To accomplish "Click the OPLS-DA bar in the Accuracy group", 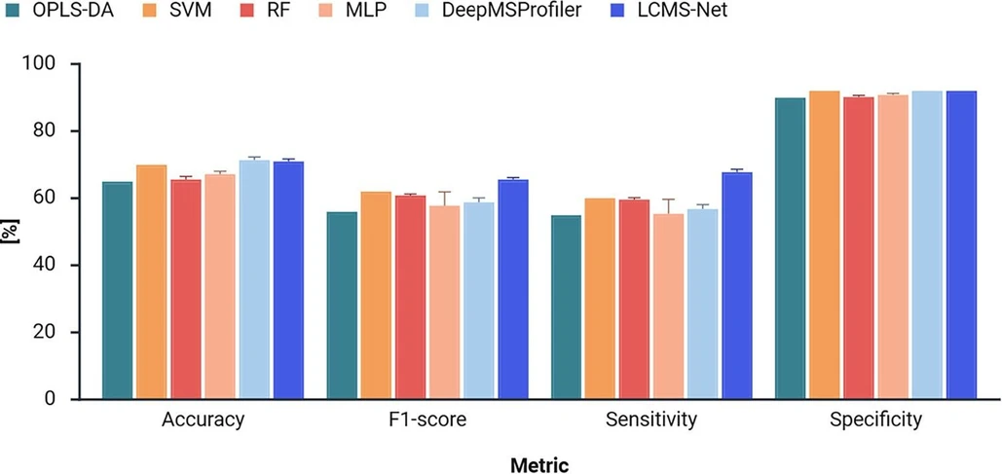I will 117,290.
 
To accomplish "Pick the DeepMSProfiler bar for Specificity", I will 927,244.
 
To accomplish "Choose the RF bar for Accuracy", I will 186,289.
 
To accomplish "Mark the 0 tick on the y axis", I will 58,399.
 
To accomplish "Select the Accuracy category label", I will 203,421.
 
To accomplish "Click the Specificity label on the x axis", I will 875,421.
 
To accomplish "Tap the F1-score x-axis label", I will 427,421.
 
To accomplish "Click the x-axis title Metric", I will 539,464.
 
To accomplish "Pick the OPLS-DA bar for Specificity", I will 790,248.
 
